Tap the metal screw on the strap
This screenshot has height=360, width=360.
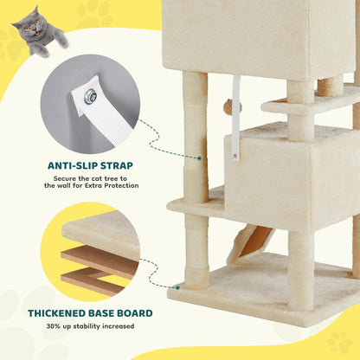[x=89, y=98]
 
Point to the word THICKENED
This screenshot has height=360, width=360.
[x=63, y=312]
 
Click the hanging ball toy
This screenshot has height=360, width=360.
[x=227, y=106]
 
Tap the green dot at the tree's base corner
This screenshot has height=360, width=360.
[x=180, y=287]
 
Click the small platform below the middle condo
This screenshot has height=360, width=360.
[x=195, y=205]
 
